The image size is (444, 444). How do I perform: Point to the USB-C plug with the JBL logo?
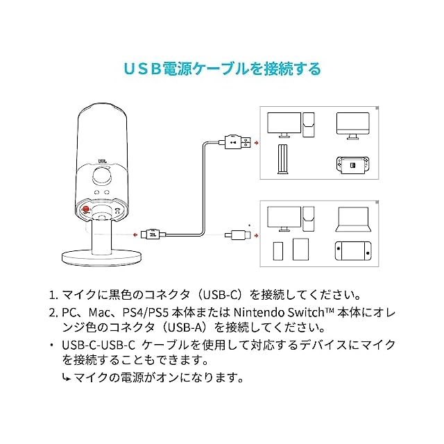(x=152, y=234)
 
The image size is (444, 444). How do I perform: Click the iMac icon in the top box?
(x=352, y=124)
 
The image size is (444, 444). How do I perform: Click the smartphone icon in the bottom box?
(x=280, y=249)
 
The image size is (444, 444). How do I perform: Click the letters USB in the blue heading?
(x=142, y=69)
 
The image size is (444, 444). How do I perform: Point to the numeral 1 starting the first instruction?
(x=54, y=294)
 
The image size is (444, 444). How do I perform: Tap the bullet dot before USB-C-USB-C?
(x=52, y=345)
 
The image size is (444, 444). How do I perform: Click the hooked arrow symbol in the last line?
(x=67, y=378)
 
